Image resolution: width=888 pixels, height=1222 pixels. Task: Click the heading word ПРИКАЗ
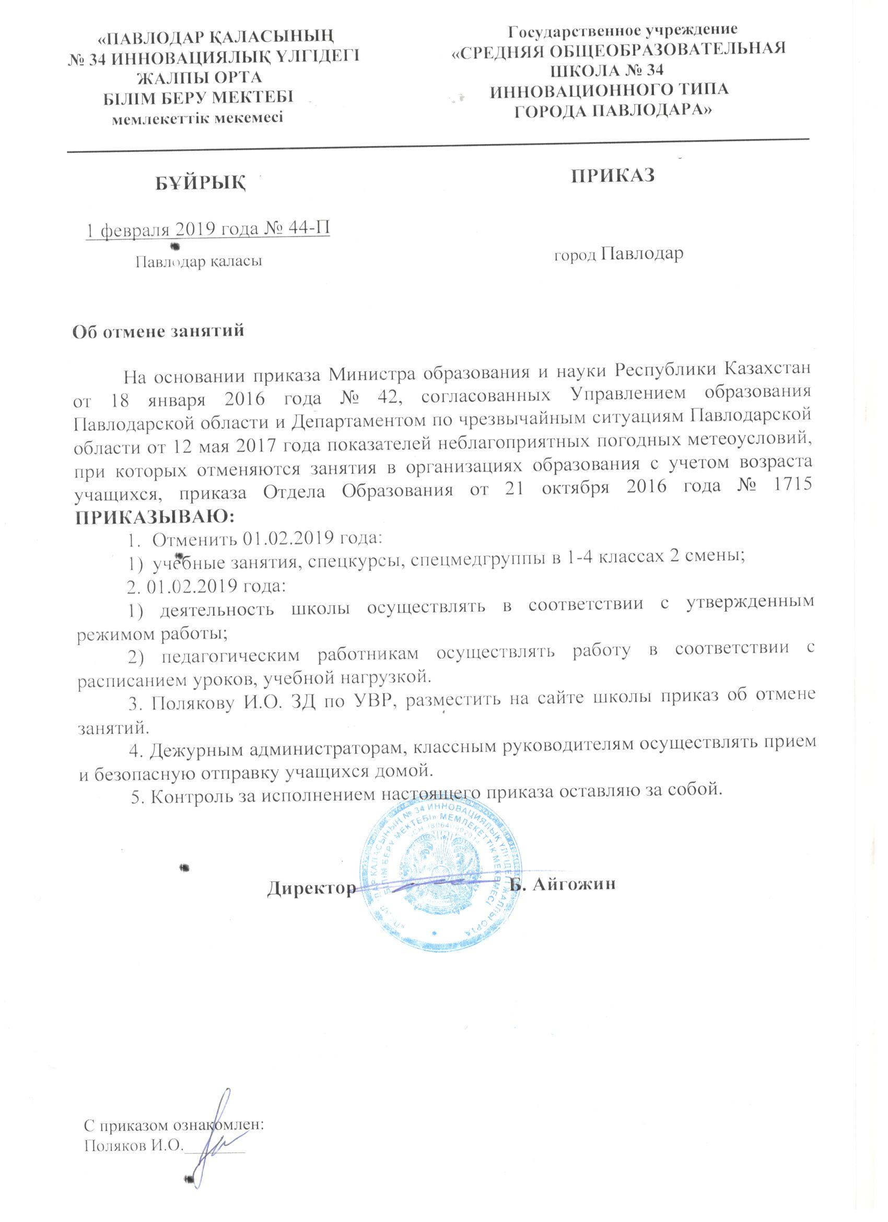[x=613, y=176]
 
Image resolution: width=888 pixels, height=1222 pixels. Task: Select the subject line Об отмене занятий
[x=158, y=330]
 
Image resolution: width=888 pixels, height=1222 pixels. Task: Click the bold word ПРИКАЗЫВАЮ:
[x=154, y=517]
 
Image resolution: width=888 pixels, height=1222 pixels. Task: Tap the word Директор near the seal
[x=311, y=886]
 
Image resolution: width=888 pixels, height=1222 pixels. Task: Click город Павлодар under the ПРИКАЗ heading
[x=619, y=254]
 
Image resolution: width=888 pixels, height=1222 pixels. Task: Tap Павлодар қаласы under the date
[x=198, y=262]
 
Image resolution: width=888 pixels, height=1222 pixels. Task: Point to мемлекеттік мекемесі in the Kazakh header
[x=197, y=118]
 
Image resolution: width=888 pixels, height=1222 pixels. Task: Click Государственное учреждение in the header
[x=624, y=30]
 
